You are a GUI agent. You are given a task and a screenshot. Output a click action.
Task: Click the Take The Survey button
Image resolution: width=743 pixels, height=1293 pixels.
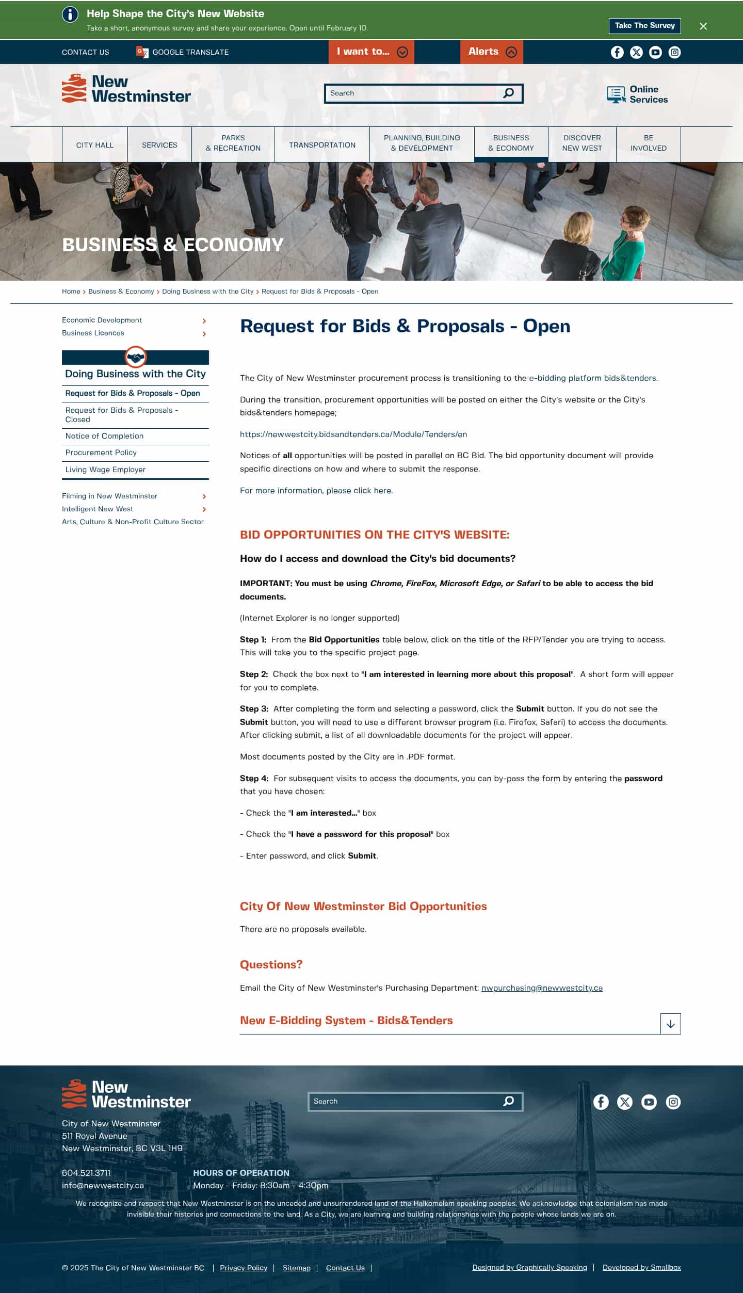pos(644,26)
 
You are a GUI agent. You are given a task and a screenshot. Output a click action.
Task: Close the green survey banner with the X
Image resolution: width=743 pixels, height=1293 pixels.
pos(703,26)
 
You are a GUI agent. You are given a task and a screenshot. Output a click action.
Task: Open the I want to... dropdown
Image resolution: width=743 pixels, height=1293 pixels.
pos(371,52)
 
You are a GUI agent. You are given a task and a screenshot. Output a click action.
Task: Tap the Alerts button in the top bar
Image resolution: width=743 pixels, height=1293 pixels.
pos(491,52)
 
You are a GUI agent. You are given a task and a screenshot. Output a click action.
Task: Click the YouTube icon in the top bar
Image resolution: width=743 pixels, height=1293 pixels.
pos(655,53)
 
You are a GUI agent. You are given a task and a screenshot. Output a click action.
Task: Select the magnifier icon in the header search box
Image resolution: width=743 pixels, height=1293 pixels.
pos(508,93)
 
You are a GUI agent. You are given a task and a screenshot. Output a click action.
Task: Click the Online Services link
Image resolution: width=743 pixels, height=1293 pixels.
pos(637,94)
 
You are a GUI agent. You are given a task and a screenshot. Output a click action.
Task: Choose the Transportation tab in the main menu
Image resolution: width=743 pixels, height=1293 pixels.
pos(322,145)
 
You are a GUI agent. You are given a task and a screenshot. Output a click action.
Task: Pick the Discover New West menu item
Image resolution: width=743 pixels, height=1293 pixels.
pos(582,143)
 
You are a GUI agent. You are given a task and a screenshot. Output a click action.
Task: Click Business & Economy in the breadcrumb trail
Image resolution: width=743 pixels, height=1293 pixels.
pos(121,292)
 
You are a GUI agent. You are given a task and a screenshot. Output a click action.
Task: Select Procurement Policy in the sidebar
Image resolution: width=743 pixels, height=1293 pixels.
pos(101,452)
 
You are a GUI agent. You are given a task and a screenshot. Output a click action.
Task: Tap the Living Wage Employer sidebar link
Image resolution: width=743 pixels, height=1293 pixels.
pos(105,470)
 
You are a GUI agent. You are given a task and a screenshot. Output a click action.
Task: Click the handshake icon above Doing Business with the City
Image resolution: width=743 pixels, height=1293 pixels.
pos(136,357)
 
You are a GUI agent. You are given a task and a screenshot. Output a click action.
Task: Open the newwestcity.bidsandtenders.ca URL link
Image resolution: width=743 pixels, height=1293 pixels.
pos(353,434)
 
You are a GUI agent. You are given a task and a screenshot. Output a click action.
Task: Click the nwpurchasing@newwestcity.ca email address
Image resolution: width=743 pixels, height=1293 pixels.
pos(542,988)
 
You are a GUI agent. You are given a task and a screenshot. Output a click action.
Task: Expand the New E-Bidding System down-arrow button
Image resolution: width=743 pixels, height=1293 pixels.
pos(670,1024)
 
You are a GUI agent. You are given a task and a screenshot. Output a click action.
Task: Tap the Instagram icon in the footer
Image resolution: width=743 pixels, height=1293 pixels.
pos(673,1102)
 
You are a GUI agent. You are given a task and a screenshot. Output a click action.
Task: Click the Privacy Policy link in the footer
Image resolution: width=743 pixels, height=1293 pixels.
pos(244,1268)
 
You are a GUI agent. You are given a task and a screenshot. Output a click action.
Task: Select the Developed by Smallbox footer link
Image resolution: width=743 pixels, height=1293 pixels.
pos(641,1267)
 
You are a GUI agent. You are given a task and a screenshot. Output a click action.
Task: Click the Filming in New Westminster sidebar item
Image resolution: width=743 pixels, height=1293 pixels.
pos(110,496)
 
